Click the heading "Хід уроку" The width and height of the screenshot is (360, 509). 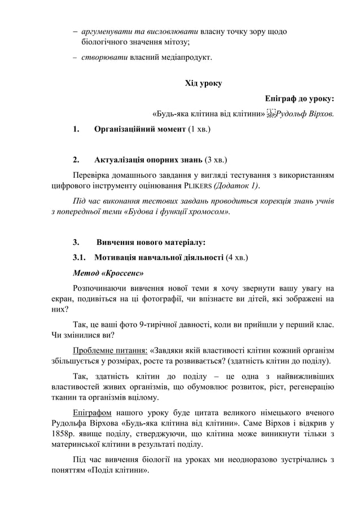[x=203, y=84]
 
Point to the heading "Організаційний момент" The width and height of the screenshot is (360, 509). [x=140, y=129]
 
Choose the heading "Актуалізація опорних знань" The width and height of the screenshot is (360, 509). [x=148, y=159]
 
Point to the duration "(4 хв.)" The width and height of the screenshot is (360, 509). [x=237, y=258]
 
